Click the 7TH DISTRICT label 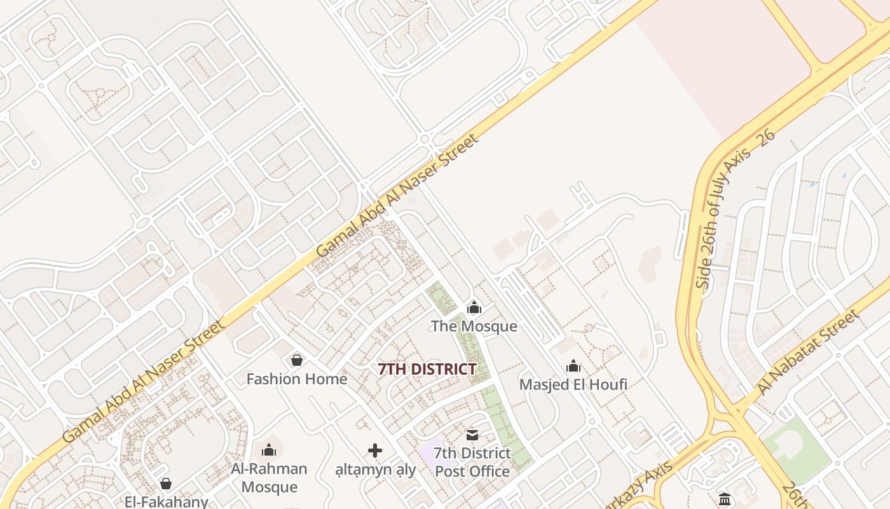427,369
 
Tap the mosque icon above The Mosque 474,308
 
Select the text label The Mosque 474,326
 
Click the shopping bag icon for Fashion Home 296,361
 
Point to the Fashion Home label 296,379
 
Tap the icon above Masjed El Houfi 573,366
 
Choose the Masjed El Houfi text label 573,384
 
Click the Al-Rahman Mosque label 269,478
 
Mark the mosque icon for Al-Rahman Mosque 269,450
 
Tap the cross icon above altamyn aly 375,451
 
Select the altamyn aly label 375,470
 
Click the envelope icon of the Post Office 472,435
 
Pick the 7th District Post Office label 472,463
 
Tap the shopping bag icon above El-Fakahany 166,484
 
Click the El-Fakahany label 166,501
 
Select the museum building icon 725,499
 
